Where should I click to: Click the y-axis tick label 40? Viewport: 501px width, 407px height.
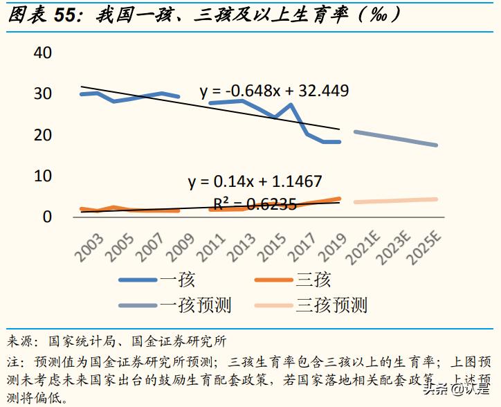coord(43,53)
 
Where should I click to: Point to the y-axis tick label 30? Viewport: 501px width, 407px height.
coord(43,93)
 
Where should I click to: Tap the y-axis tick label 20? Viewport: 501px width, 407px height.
coord(43,135)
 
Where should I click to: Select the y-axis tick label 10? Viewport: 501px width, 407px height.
coord(43,176)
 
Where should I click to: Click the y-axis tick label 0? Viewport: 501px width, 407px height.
coord(47,217)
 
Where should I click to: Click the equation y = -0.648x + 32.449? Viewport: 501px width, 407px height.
coord(274,91)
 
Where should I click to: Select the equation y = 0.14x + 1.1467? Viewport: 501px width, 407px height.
coord(255,182)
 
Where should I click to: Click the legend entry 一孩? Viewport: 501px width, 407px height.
coord(178,280)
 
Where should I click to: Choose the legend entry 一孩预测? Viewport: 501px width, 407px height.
coord(196,305)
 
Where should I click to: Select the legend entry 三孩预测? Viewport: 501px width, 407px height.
coord(331,305)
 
